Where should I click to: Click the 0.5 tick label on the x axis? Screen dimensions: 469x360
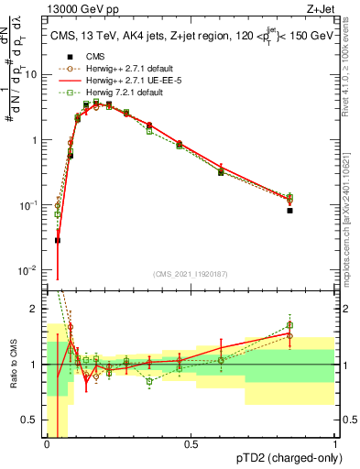pyautogui.click(x=191, y=444)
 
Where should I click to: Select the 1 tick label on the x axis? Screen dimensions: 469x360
pyautogui.click(x=335, y=444)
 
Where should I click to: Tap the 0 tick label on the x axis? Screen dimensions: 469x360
pyautogui.click(x=47, y=444)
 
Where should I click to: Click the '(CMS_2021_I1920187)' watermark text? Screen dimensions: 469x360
pyautogui.click(x=190, y=272)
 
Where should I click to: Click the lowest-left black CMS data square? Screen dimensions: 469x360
pyautogui.click(x=58, y=241)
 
